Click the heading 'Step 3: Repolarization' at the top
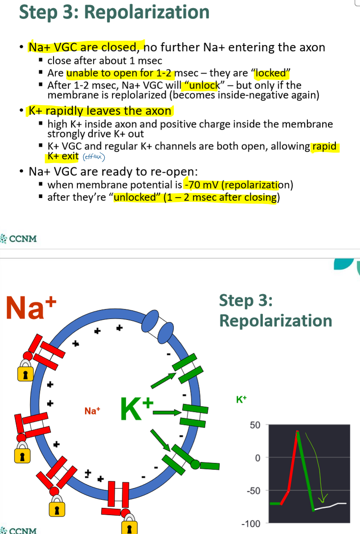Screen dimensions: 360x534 click(x=114, y=12)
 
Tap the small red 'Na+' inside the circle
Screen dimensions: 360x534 click(x=92, y=410)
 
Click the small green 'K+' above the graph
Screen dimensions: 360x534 click(x=241, y=398)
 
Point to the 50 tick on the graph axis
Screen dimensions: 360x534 click(x=255, y=424)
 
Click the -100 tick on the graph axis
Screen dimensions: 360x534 click(x=252, y=524)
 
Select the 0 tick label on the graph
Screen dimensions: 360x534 click(x=258, y=458)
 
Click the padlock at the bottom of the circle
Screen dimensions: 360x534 click(x=129, y=526)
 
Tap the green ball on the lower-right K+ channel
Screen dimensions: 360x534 click(x=195, y=464)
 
